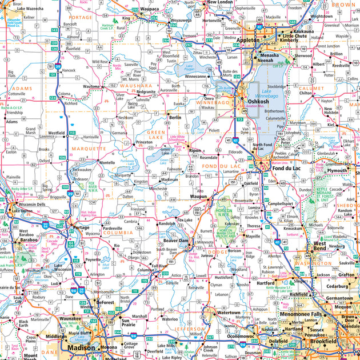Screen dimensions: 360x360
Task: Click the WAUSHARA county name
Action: [x=136, y=85]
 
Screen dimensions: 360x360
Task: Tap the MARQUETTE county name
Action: [x=89, y=149]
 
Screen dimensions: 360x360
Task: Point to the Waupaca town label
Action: [x=149, y=10]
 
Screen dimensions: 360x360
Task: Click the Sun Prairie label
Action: [x=131, y=321]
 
